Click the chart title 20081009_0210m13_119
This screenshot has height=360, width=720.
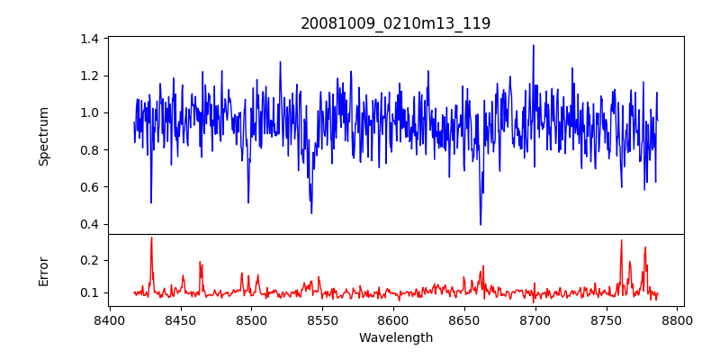click(395, 23)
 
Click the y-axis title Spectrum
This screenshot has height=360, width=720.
click(44, 136)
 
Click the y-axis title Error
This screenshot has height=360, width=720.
click(44, 271)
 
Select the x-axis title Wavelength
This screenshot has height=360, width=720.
click(395, 338)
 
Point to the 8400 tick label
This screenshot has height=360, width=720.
click(110, 319)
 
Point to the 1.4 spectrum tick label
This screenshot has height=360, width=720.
click(89, 39)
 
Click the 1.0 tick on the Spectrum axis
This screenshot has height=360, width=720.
click(89, 112)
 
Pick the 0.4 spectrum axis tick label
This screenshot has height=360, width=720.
click(89, 224)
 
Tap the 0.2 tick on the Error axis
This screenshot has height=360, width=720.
click(89, 260)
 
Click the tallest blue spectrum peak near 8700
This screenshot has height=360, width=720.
click(533, 46)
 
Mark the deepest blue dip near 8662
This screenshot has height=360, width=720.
click(481, 224)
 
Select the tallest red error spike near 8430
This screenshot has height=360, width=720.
click(151, 238)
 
